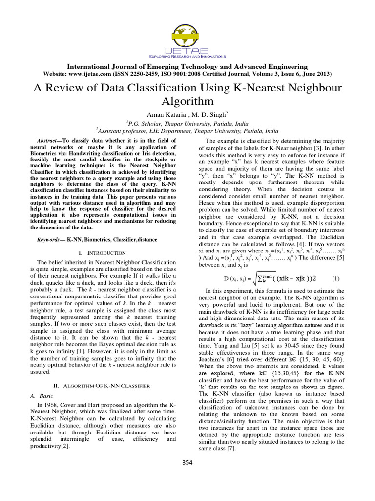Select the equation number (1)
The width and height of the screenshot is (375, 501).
pos(335,279)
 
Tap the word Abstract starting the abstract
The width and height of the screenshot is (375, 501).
pos(49,141)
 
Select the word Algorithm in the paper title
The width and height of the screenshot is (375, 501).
pos(187,101)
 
